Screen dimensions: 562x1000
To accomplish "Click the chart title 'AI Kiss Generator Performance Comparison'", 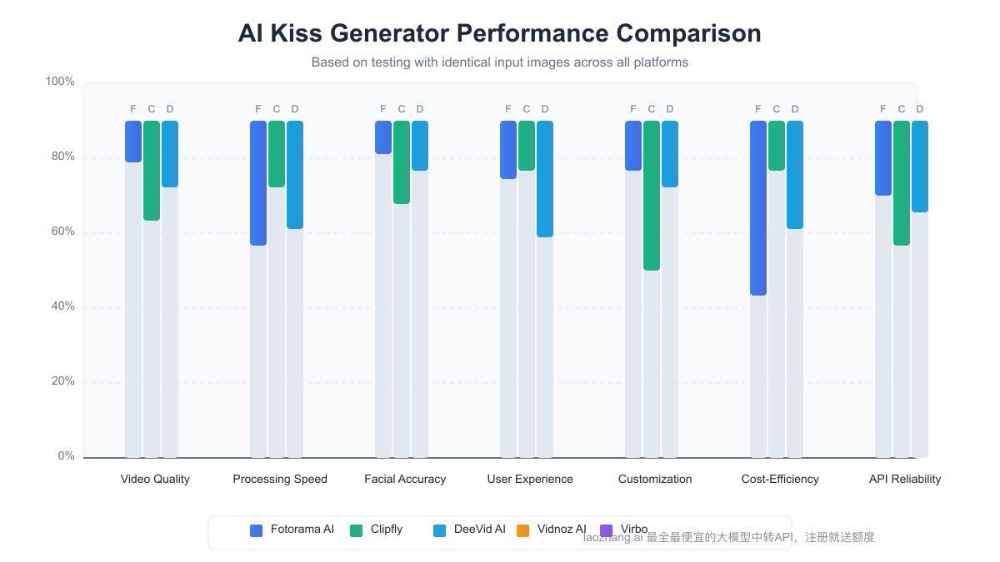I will pos(499,33).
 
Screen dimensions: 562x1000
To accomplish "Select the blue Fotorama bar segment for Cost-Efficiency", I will pos(757,208).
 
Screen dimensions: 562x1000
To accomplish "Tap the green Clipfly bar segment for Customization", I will pos(651,196).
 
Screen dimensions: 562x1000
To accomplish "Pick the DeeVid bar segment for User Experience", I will pos(544,179).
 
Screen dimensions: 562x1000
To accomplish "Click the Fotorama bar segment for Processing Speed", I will pos(257,183).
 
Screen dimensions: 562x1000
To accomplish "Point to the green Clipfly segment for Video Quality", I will pos(151,171).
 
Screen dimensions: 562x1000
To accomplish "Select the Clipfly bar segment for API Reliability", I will pos(901,183).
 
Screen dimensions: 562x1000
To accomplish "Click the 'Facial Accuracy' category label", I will pos(405,479).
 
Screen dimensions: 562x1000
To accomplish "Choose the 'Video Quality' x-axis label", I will pos(155,479).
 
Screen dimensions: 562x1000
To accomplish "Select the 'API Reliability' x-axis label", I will pos(905,479).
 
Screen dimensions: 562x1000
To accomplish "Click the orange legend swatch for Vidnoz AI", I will pos(523,530).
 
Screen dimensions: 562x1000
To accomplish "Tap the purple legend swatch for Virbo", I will pos(607,530).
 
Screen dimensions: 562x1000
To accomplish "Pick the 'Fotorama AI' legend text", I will pos(302,530).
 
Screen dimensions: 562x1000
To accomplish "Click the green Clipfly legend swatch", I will pos(357,530).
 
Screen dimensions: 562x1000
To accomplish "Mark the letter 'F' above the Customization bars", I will pos(632,109).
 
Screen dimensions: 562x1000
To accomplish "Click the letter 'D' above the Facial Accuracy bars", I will pos(420,109).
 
